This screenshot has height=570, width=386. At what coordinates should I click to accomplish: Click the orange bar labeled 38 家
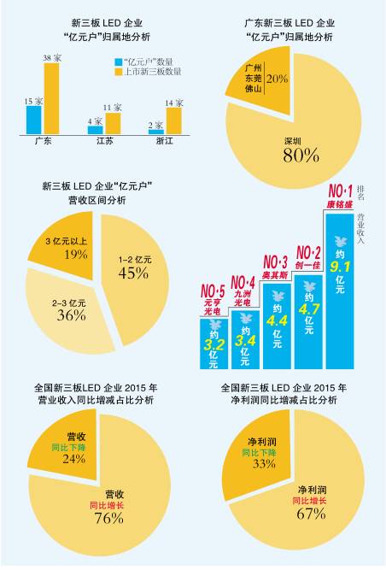tap(51, 98)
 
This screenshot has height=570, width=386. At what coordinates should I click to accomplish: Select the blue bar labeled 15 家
tap(33, 119)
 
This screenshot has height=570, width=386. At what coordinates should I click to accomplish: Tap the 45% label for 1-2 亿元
tap(132, 273)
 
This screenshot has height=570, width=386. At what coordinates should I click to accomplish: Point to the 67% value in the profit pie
tap(311, 513)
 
